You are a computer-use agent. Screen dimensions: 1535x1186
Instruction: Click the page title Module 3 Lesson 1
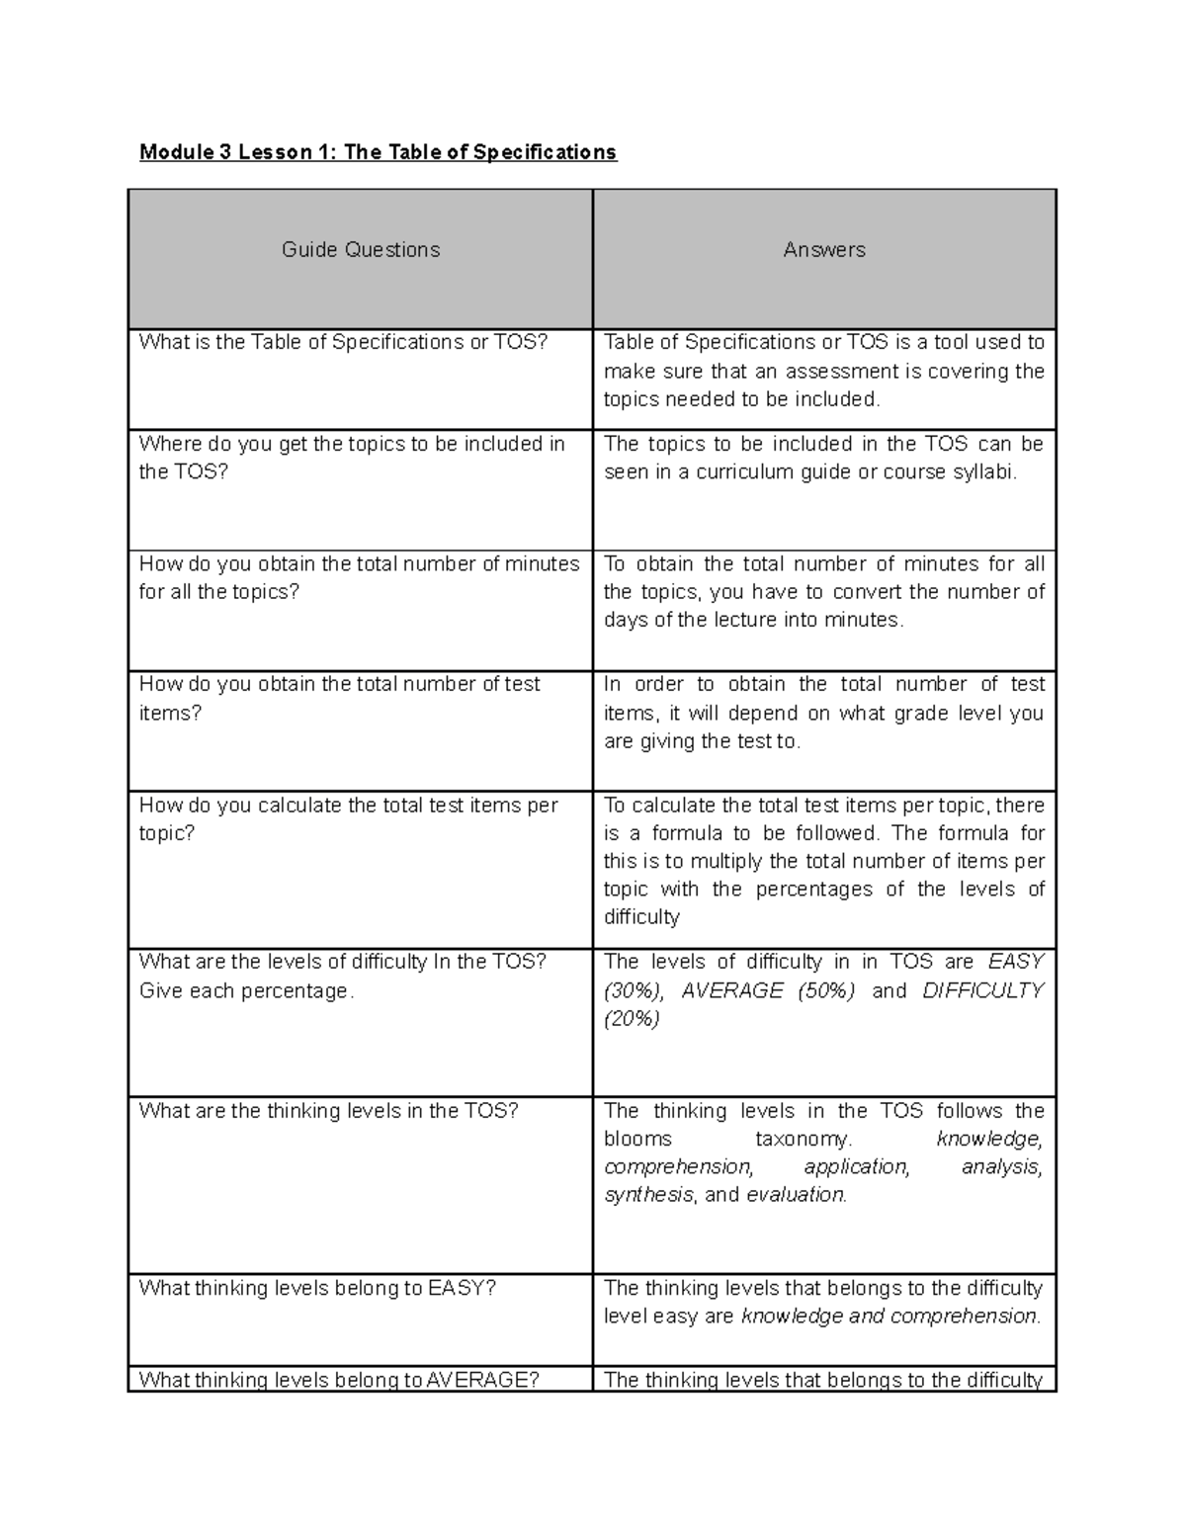tap(378, 152)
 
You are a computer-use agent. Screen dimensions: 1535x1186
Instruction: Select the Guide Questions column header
tap(361, 250)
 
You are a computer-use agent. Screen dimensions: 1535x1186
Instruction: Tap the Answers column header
tap(824, 250)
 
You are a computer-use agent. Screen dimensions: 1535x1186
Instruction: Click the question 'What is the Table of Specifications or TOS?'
tap(343, 343)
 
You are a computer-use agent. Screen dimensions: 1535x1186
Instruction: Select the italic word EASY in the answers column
tap(1015, 962)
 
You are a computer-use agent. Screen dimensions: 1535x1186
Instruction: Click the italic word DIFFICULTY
tap(982, 990)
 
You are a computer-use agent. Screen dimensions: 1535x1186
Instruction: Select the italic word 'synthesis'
tap(648, 1195)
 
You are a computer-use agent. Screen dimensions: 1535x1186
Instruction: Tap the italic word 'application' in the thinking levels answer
tap(856, 1167)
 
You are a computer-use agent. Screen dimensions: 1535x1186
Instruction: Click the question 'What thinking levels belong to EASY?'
tap(317, 1288)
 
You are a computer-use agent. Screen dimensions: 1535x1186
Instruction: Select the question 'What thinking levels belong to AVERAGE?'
tap(339, 1380)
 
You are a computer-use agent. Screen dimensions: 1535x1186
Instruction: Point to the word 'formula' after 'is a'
tap(687, 833)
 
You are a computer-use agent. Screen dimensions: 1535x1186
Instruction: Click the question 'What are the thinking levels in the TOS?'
tap(328, 1111)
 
